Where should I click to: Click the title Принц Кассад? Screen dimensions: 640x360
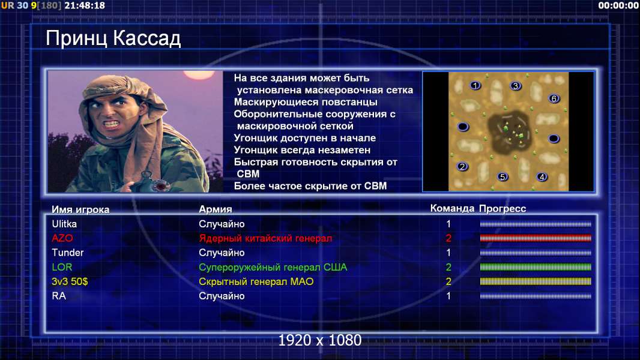coord(113,39)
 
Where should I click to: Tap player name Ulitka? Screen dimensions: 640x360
coord(64,224)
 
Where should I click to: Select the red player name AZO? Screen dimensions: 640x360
coord(62,238)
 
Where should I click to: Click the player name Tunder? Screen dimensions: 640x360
coord(67,253)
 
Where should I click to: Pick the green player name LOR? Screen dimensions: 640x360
coord(62,267)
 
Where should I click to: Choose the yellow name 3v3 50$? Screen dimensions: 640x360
coord(70,281)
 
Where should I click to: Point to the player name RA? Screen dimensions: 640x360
coord(59,296)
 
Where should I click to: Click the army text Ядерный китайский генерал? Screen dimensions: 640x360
coord(265,238)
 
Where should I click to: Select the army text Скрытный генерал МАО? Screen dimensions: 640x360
coord(256,281)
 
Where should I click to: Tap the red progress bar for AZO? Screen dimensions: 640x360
coord(536,238)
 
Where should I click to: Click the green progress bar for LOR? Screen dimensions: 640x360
coord(536,267)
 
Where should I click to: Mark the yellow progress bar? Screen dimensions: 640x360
coord(536,281)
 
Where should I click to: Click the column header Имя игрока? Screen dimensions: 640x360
coord(80,209)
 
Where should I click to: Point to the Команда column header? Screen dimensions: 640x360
coord(452,209)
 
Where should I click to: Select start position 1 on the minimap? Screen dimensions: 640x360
coord(475,86)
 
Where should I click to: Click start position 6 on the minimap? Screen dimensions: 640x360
coord(554,98)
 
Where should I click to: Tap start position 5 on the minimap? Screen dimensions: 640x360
coord(503,176)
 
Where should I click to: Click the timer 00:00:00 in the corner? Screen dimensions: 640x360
coord(618,6)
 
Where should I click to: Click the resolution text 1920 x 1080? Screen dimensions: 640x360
coord(320,340)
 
